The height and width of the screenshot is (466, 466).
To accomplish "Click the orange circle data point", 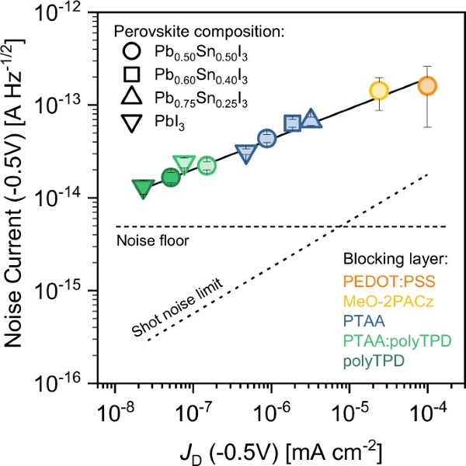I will (427, 86).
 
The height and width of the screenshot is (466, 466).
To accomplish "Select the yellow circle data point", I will (379, 90).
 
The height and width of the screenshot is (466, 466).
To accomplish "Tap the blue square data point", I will (293, 123).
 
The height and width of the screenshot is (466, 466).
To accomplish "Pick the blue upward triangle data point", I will (311, 119).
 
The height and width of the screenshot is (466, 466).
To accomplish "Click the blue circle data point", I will (267, 139).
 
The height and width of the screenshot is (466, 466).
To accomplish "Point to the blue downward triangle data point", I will (246, 153).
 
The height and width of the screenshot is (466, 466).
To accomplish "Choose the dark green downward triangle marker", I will (143, 188).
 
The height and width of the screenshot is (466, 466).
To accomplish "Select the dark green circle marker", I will (171, 178).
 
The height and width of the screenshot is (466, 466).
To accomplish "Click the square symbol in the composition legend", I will (131, 74).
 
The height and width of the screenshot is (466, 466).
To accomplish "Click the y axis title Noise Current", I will (21, 198).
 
